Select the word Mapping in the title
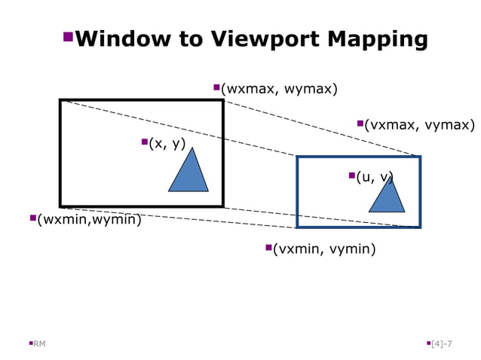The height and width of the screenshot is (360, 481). pyautogui.click(x=380, y=39)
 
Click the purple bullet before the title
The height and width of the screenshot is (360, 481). pyautogui.click(x=68, y=36)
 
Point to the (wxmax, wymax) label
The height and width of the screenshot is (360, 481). pyautogui.click(x=279, y=90)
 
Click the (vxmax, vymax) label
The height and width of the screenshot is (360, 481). pyautogui.click(x=419, y=126)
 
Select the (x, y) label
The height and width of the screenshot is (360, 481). pyautogui.click(x=167, y=144)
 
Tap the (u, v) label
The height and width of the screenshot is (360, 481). pyautogui.click(x=375, y=178)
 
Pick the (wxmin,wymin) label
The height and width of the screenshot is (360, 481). pyautogui.click(x=89, y=220)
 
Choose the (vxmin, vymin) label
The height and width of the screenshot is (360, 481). pyautogui.click(x=324, y=249)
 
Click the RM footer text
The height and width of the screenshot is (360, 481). pyautogui.click(x=39, y=344)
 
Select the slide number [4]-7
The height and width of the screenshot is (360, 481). pyautogui.click(x=441, y=344)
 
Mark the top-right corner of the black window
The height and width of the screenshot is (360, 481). pyautogui.click(x=222, y=101)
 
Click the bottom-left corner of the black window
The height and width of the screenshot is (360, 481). pyautogui.click(x=61, y=206)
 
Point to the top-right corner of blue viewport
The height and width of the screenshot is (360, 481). pyautogui.click(x=419, y=157)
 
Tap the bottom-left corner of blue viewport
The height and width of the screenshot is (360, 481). pyautogui.click(x=298, y=226)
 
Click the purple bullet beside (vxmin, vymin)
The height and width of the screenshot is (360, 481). pyautogui.click(x=268, y=247)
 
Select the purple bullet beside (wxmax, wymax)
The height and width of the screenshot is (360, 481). pyautogui.click(x=216, y=87)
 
